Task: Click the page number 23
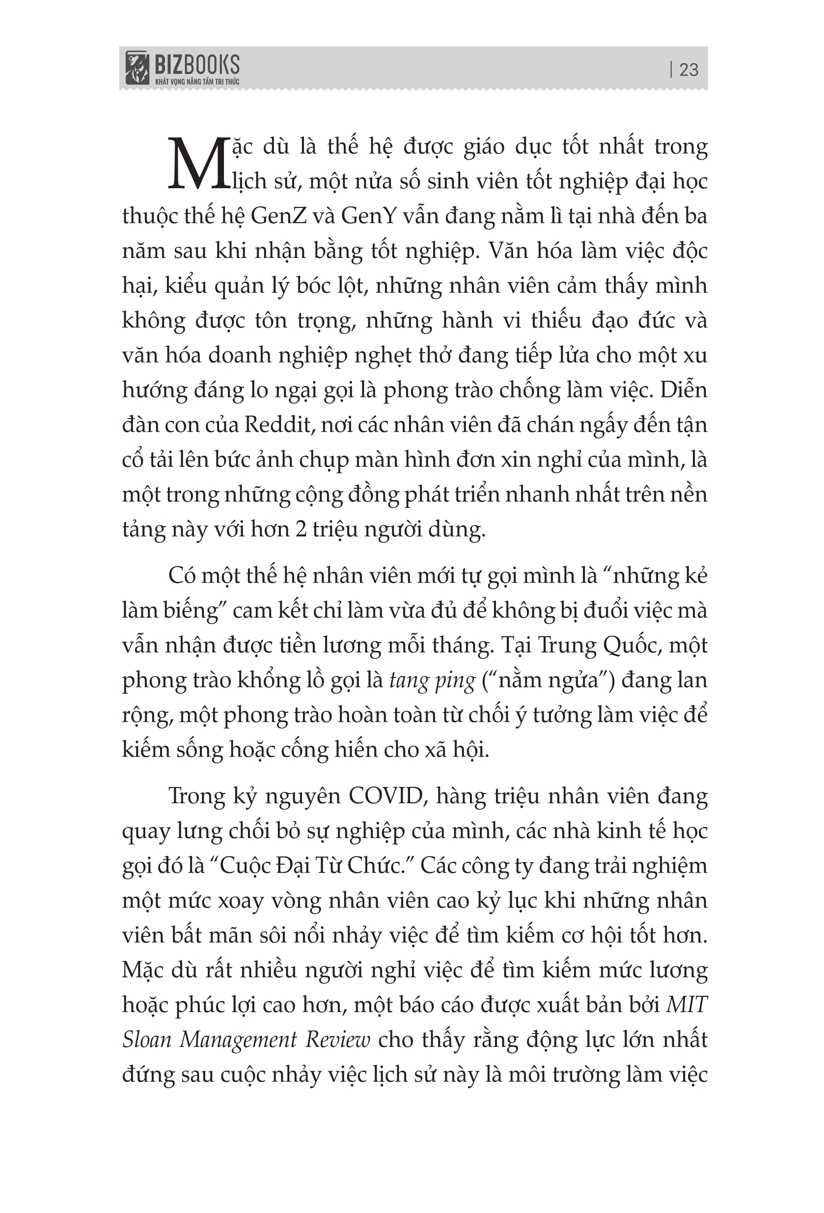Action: [689, 69]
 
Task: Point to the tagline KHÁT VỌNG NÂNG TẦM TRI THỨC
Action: [197, 82]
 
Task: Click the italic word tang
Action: [407, 681]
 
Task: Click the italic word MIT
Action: [687, 1005]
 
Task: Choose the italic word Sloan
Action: [147, 1040]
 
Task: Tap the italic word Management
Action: [238, 1040]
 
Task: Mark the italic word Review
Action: [338, 1040]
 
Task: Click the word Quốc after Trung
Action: [633, 646]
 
